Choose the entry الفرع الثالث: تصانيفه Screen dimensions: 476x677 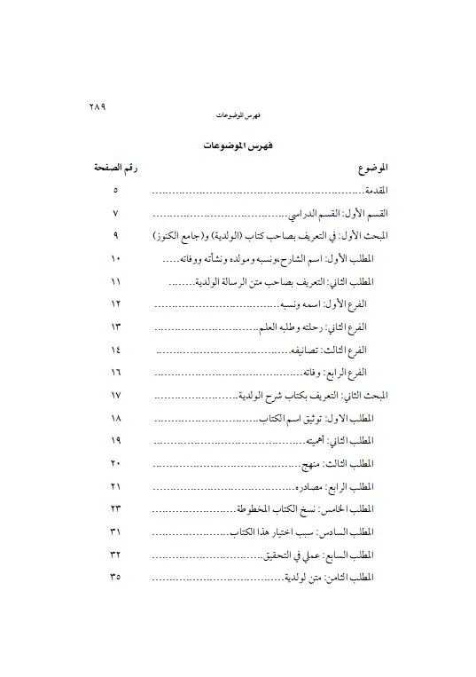pyautogui.click(x=332, y=350)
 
